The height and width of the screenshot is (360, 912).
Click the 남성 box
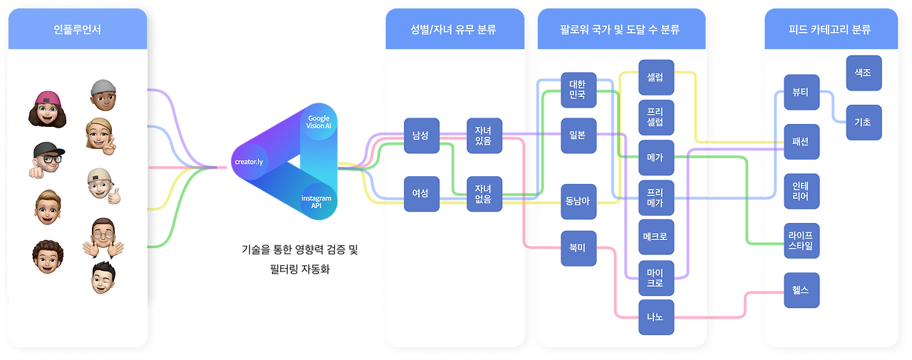pos(421,135)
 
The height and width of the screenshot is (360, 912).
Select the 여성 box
pos(421,194)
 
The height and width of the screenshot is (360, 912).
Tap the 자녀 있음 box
pos(484,135)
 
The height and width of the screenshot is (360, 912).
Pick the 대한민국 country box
pos(578,90)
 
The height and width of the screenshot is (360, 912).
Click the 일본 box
pos(578,135)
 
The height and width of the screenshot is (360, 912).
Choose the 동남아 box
pos(578,201)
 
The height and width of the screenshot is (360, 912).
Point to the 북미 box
pos(578,248)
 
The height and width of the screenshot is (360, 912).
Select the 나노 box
pos(655,317)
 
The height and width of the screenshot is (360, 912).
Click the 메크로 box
pos(655,237)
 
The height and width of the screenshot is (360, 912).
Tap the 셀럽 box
pos(655,78)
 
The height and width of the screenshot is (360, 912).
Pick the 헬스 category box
pos(801,290)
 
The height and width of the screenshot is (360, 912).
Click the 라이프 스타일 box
pos(801,242)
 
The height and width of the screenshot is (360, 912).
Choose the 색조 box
pos(864,73)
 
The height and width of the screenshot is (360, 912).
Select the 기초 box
pos(864,123)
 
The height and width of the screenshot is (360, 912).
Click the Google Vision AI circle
pos(318,121)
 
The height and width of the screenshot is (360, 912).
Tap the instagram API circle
pos(316,202)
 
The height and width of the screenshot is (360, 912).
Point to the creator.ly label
pos(249,162)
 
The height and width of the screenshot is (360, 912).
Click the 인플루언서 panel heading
pos(77,30)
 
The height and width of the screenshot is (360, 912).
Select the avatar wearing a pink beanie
pos(47,108)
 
